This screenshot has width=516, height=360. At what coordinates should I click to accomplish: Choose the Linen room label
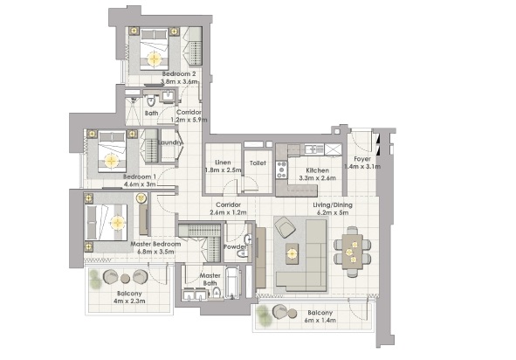223,163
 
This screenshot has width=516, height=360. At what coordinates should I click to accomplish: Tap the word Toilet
257,163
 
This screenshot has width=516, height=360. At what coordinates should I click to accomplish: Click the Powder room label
236,246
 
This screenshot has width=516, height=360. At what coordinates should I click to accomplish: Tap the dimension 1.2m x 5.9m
191,120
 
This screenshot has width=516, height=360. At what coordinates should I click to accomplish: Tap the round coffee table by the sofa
291,253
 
